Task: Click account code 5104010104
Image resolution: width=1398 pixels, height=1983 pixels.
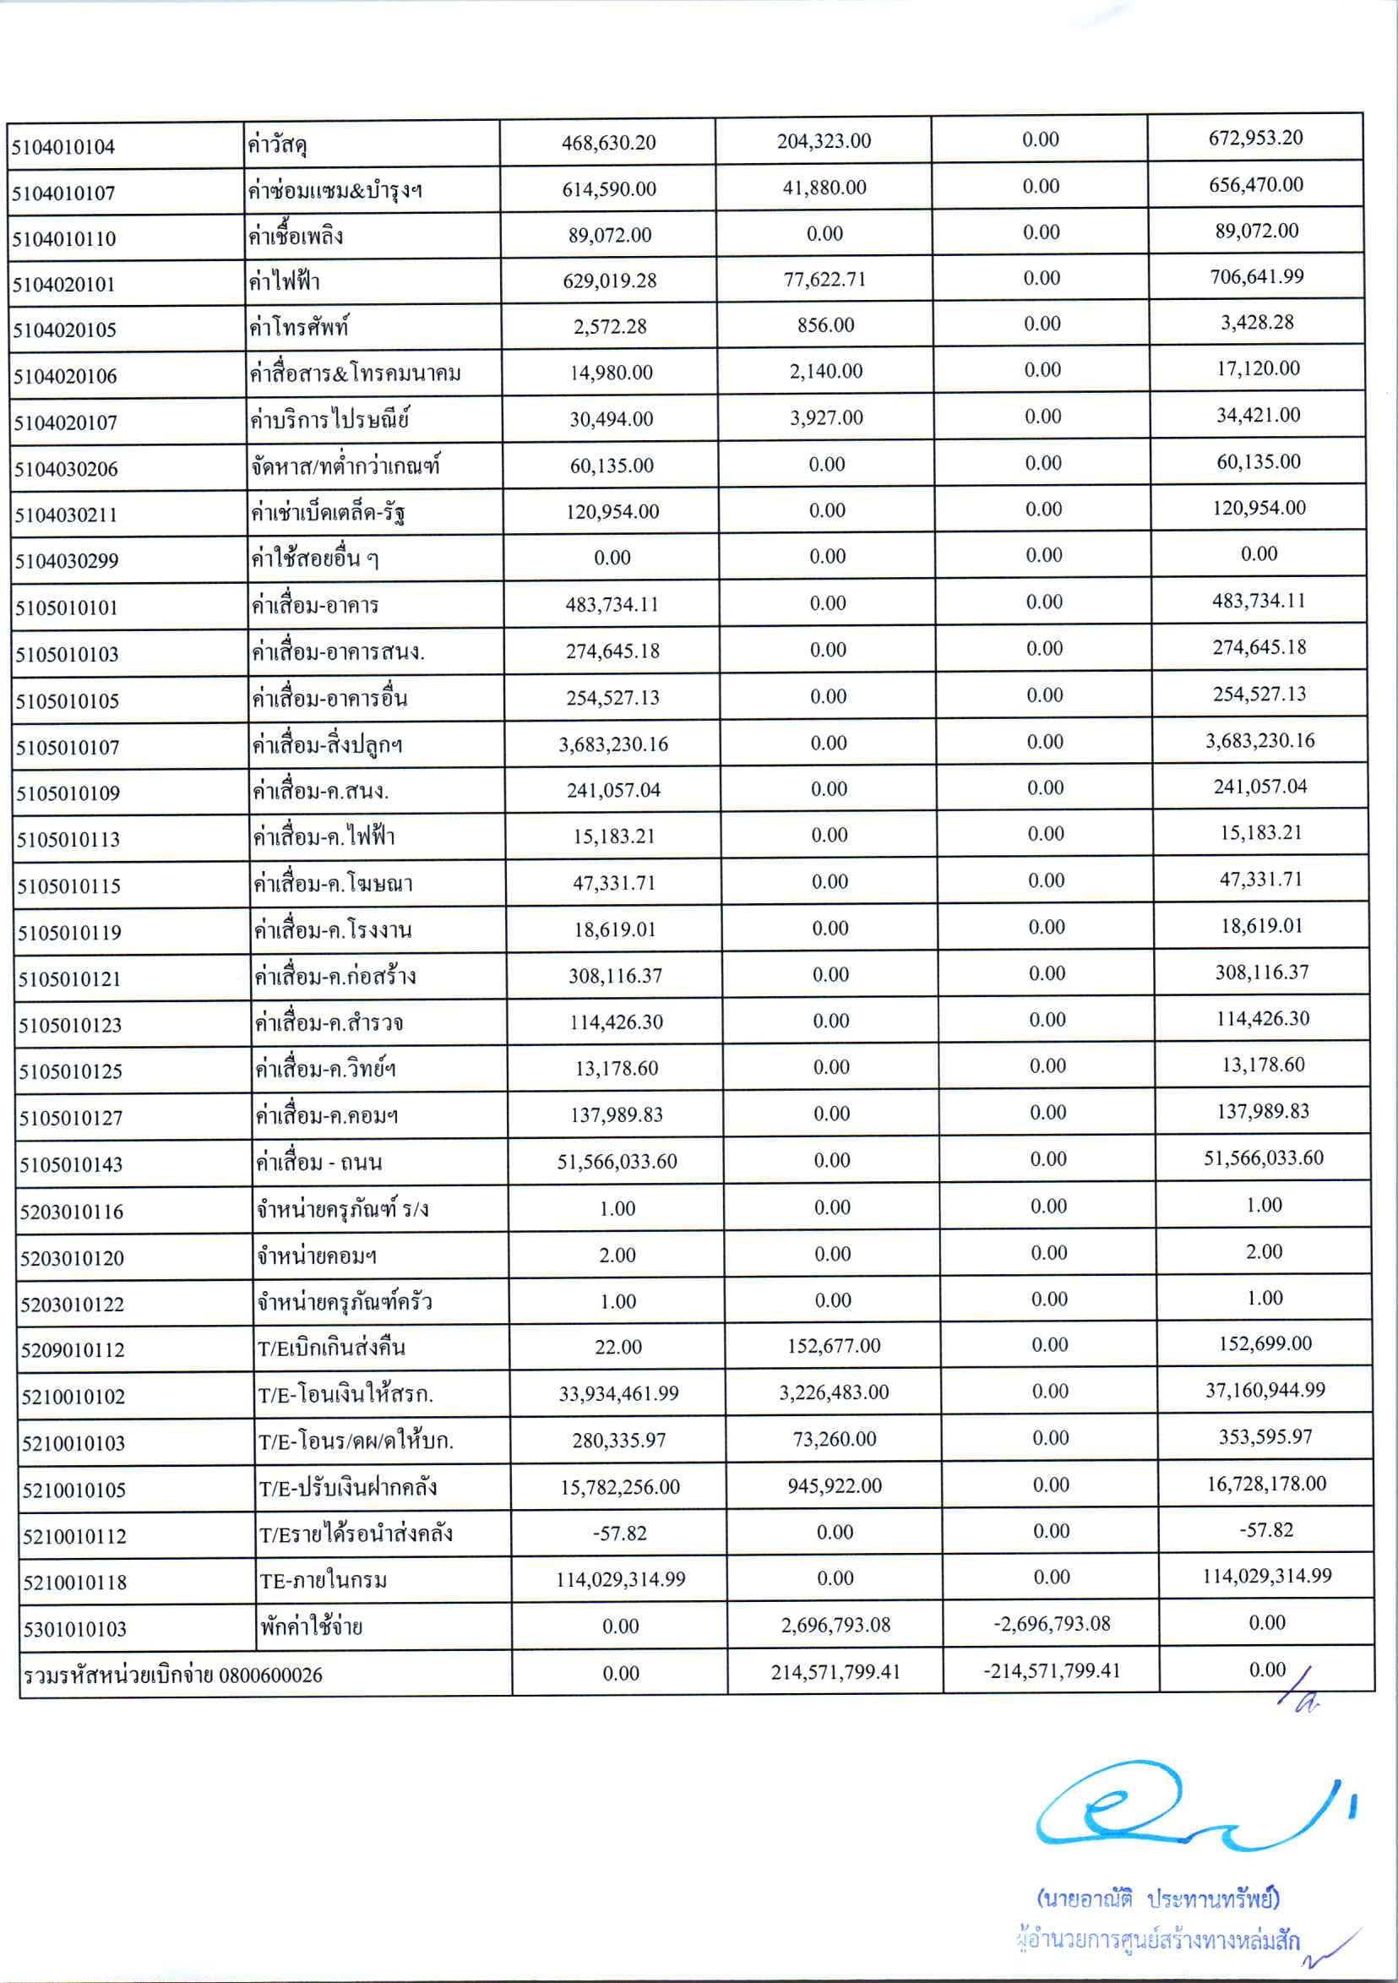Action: point(63,147)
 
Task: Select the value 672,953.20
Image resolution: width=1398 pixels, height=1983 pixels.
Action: point(1255,139)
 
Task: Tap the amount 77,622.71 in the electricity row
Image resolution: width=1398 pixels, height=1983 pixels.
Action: point(824,280)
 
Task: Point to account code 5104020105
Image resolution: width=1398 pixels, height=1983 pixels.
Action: point(65,330)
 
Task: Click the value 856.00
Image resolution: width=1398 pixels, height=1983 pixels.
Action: point(825,325)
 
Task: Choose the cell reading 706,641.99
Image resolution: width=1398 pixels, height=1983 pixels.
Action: point(1256,277)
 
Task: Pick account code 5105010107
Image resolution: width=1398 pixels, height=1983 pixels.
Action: point(68,747)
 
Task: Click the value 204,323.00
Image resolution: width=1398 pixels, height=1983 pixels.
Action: point(824,142)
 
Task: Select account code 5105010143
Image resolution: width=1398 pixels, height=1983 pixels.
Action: point(71,1164)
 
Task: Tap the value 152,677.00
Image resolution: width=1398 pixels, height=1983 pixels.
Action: point(833,1346)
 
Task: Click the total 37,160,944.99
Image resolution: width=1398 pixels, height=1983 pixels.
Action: point(1265,1390)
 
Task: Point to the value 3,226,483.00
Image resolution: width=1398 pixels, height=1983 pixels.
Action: point(833,1392)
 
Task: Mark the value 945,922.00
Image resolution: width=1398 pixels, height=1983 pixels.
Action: point(834,1485)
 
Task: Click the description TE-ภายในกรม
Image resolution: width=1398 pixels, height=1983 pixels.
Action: point(324,1581)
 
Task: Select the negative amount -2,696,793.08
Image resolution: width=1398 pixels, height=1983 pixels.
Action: point(1051,1624)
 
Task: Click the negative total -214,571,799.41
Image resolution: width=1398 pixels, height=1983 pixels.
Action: point(1051,1670)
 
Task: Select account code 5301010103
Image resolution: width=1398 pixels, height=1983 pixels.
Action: point(74,1629)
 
